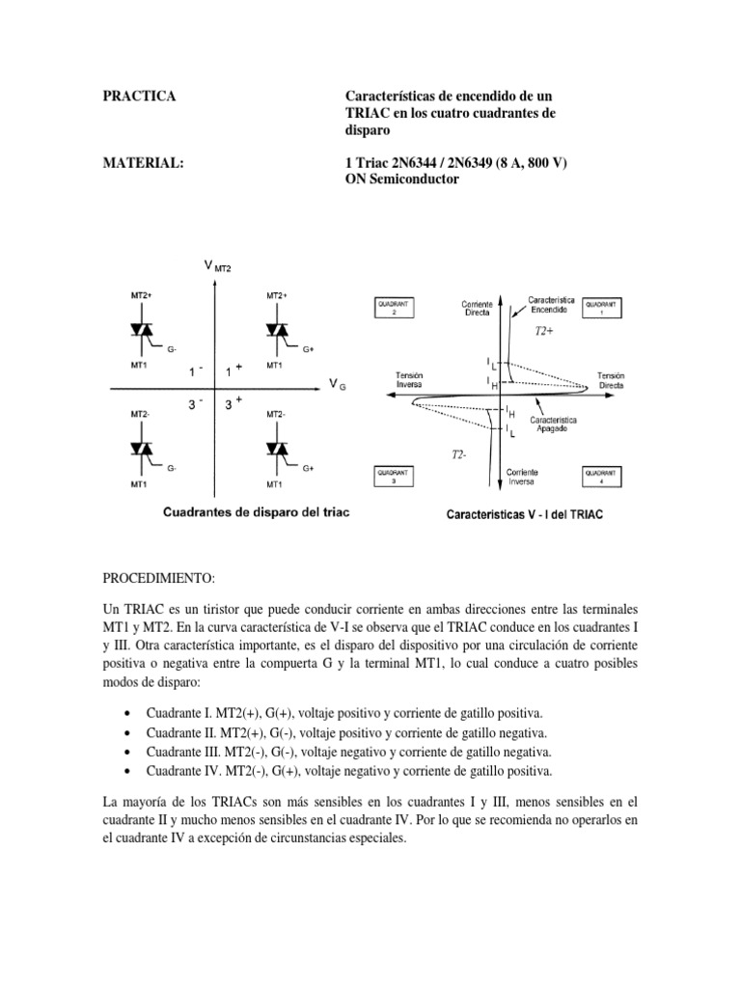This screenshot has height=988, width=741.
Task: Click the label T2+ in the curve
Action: point(545,331)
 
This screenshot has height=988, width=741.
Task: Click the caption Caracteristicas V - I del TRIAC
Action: point(524,515)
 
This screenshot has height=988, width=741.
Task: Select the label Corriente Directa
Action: point(480,309)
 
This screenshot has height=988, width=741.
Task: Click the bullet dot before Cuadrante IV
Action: point(128,771)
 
